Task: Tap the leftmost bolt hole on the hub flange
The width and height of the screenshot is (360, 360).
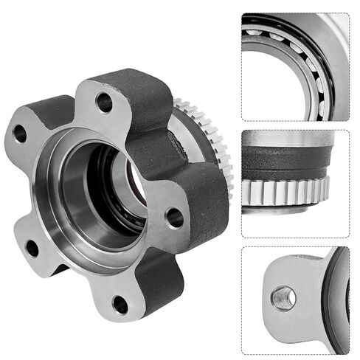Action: click(x=20, y=134)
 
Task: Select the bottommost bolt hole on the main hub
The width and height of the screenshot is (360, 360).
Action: click(x=120, y=302)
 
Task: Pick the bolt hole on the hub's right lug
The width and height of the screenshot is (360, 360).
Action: click(x=174, y=217)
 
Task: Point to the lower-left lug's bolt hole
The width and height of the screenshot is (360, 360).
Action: click(x=32, y=248)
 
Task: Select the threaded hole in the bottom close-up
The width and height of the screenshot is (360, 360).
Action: click(x=283, y=298)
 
